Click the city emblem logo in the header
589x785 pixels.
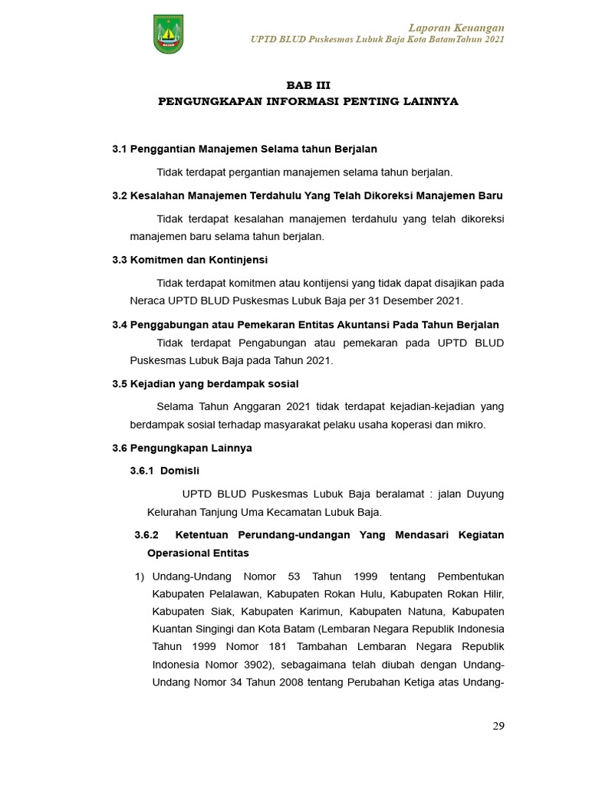pyautogui.click(x=168, y=34)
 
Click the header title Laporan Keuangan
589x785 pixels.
pyautogui.click(x=466, y=28)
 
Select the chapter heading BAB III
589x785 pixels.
pyautogui.click(x=308, y=85)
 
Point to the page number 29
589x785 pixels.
pyautogui.click(x=498, y=726)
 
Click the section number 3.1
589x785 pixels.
pyautogui.click(x=120, y=149)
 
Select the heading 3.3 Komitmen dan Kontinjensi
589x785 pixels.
pyautogui.click(x=189, y=260)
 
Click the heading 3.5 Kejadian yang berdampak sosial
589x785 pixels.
pyautogui.click(x=205, y=383)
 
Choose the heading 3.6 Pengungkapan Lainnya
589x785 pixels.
pyautogui.click(x=182, y=448)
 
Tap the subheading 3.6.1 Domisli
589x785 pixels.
pyautogui.click(x=165, y=471)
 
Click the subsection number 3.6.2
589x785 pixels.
pyautogui.click(x=146, y=534)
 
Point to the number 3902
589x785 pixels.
pyautogui.click(x=253, y=664)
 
